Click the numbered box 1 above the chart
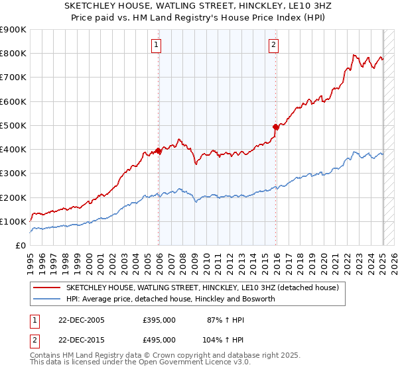156,45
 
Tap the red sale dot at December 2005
159,150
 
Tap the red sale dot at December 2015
276,126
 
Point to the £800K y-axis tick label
13,54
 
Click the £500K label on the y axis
13,125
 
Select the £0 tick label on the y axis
20,245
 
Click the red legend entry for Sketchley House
203,288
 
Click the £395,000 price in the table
159,320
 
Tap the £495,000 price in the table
159,339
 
